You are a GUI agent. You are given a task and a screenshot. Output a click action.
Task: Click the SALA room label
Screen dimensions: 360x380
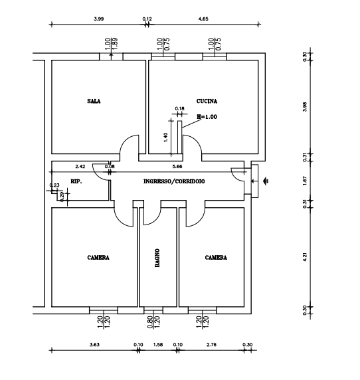(94, 101)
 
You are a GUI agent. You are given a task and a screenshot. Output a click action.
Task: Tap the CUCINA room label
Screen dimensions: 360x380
(207, 101)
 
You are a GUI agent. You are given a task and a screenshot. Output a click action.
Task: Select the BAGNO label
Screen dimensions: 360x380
(157, 258)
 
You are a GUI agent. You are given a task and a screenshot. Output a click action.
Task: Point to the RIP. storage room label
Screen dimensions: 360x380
(76, 181)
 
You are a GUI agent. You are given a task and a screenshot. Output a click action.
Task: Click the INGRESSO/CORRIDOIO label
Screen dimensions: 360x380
(174, 181)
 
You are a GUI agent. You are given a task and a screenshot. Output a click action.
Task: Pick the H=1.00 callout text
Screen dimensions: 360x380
(207, 117)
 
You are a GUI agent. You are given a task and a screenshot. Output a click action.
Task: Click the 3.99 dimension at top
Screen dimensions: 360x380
(99, 19)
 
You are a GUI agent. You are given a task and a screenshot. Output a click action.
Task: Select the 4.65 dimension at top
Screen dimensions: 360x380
(203, 19)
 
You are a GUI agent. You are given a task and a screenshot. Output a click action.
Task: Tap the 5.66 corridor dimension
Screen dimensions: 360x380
(177, 167)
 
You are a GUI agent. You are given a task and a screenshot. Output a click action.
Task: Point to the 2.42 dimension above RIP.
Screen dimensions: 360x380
(80, 167)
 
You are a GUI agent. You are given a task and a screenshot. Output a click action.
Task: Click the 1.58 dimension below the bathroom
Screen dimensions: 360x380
(158, 344)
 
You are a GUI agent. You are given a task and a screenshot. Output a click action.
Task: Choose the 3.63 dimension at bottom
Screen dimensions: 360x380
(94, 344)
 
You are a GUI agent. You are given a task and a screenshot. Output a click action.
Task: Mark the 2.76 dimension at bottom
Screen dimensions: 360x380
(211, 344)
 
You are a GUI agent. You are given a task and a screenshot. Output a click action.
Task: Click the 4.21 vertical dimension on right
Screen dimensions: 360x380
(305, 257)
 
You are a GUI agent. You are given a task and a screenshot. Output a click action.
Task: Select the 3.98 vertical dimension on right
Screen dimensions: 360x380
(305, 107)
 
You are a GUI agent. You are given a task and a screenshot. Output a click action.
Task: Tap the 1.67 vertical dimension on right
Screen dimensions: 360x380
(305, 181)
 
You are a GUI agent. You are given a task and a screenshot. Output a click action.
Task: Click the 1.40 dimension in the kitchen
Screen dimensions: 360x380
(165, 138)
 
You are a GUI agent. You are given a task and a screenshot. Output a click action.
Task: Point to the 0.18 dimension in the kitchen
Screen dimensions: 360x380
(179, 108)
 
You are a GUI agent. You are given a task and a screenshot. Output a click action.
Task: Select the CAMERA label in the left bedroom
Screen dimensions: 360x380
(98, 258)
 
